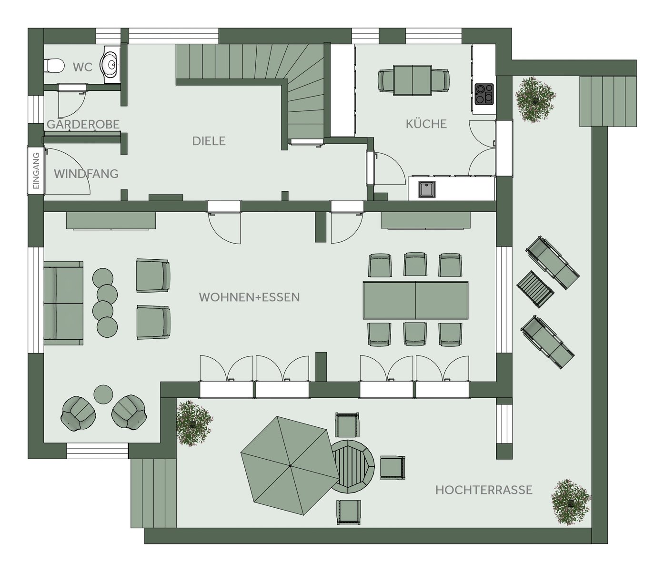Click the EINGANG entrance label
tap(36, 171)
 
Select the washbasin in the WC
tap(110, 65)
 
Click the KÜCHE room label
tap(426, 124)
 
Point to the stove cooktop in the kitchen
tap(484, 94)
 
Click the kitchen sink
tap(427, 189)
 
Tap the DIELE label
tap(209, 141)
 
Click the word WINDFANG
tap(86, 174)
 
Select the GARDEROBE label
tap(83, 124)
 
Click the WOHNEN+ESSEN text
tap(249, 297)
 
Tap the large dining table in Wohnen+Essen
tap(415, 300)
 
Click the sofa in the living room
tap(63, 303)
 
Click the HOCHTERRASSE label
tap(484, 490)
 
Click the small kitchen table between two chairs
tap(412, 80)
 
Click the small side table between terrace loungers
tap(535, 289)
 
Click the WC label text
tap(82, 67)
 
